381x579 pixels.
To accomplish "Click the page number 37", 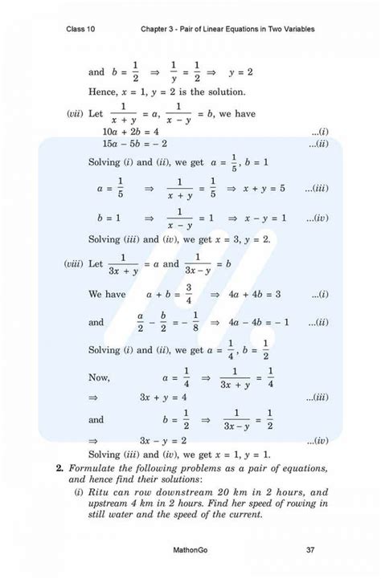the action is (x=310, y=550).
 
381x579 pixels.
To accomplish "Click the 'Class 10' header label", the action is (x=84, y=30).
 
